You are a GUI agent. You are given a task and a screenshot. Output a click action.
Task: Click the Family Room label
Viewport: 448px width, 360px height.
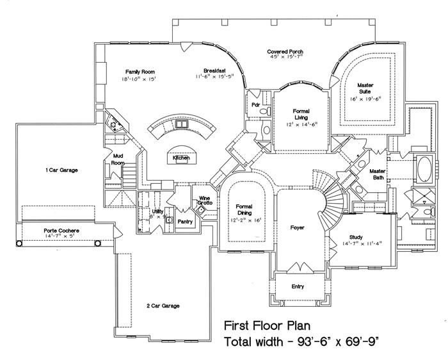pos(140,72)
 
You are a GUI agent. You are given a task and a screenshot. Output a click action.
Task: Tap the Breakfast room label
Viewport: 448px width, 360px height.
pos(213,70)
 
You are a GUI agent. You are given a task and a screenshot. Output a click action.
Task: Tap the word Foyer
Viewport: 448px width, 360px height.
pos(296,227)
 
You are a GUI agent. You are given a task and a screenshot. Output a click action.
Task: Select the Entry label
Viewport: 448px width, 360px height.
pos(298,286)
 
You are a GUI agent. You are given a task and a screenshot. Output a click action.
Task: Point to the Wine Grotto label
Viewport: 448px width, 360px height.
pos(205,200)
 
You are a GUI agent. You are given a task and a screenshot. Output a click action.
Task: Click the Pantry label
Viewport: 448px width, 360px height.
pos(185,222)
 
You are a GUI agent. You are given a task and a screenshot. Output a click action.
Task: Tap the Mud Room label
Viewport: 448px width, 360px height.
pos(117,159)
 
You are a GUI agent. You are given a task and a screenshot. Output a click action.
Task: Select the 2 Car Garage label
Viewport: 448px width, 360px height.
pos(163,306)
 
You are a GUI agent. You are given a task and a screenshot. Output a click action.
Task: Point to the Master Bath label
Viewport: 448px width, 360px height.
pos(378,174)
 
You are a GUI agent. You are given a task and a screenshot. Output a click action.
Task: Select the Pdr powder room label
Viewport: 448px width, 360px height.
pos(255,104)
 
